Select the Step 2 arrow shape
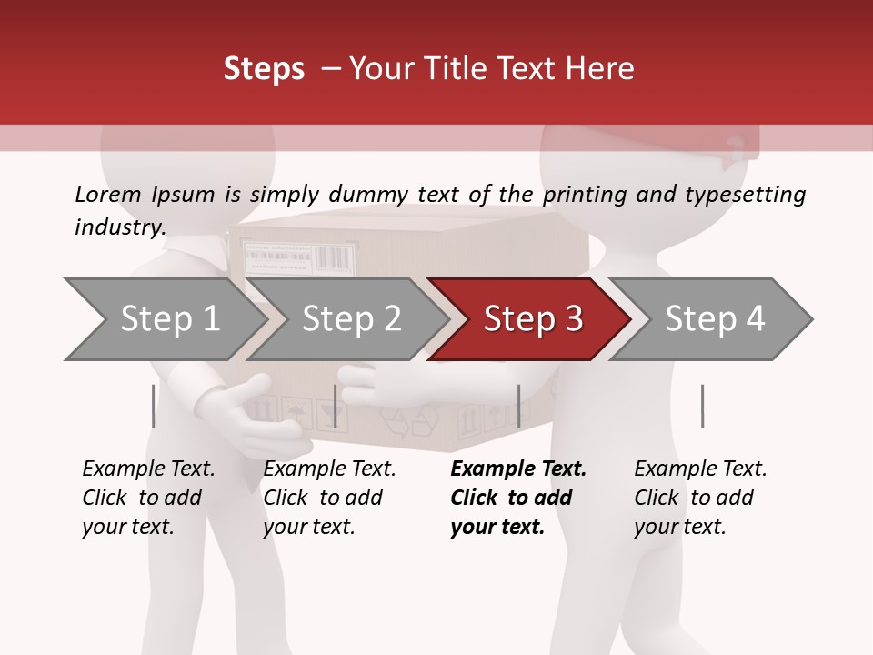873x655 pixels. coord(350,319)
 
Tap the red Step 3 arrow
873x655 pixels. coord(532,319)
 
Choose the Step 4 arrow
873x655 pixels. coord(714,319)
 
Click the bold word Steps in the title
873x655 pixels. coord(264,69)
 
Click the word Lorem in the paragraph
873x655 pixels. coord(107,194)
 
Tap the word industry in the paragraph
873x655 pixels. coord(119,227)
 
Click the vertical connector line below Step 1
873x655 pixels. coord(153,406)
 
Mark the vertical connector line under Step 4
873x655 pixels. coord(702,406)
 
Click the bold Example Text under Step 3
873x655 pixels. coord(518,469)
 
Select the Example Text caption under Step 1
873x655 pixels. coord(148,469)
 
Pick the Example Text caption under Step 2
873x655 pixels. coord(329,469)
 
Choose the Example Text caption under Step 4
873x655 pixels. coord(700,469)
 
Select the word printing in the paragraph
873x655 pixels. coord(583,194)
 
